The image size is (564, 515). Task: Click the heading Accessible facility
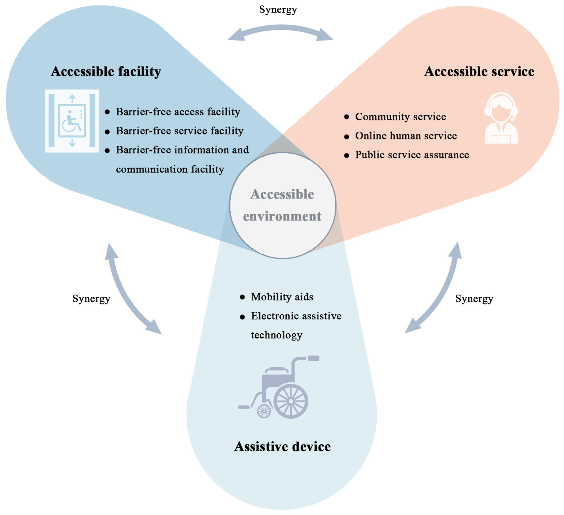106,71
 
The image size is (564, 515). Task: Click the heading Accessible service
479,71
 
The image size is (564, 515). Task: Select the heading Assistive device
283,446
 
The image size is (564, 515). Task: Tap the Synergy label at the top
278,10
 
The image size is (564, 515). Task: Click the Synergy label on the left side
91,299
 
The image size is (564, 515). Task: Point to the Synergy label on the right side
474,299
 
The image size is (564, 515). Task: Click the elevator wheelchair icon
72,121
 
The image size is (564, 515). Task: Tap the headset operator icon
501,118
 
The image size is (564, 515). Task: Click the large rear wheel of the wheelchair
291,401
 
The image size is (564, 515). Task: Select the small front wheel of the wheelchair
264,411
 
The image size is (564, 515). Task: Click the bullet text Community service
400,117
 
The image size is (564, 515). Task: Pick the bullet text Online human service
406,136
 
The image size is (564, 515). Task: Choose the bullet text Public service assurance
412,155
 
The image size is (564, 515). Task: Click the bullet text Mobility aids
282,297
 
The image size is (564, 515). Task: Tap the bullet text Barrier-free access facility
178,112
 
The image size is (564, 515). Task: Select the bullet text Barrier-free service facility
180,131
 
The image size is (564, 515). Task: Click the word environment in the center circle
282,216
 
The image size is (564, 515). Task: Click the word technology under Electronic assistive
276,335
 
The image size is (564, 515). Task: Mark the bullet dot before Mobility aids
242,297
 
